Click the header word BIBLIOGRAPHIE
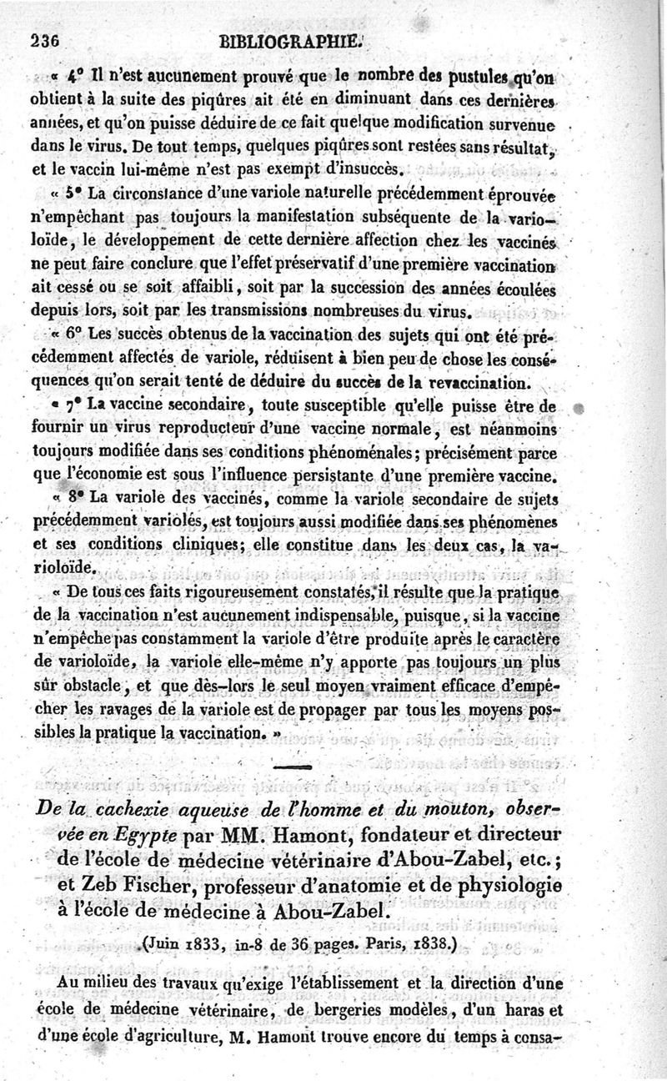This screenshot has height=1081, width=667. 289,38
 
